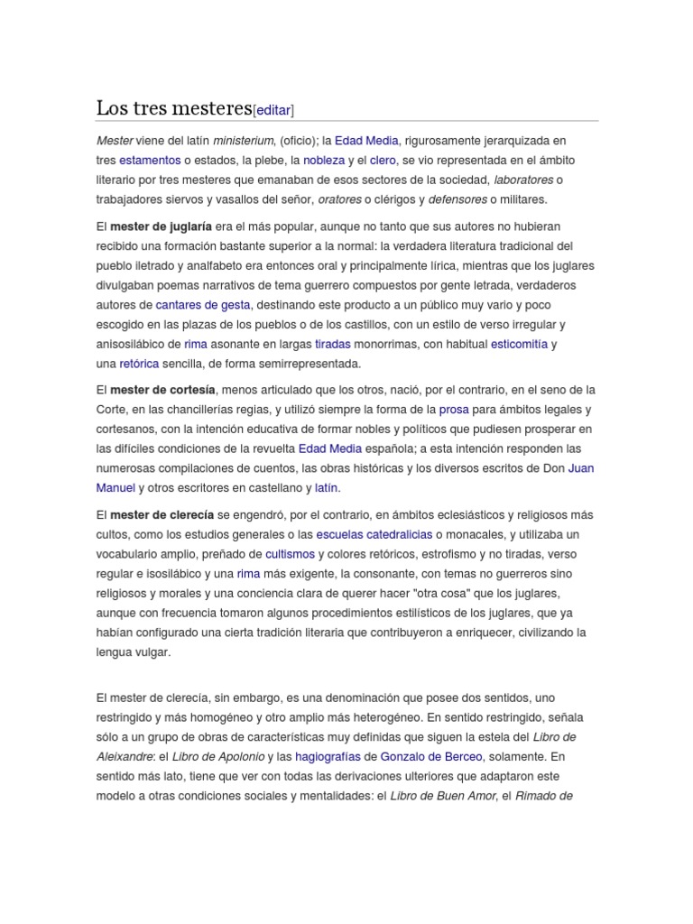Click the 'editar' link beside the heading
click(273, 110)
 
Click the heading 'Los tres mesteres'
click(173, 108)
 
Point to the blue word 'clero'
click(383, 160)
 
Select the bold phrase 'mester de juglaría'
click(161, 226)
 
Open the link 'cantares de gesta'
click(203, 305)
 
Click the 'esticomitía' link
click(519, 344)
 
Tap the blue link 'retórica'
click(139, 364)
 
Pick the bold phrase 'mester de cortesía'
click(162, 390)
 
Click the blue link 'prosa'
click(453, 410)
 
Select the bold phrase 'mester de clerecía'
click(162, 514)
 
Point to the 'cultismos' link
click(290, 554)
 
